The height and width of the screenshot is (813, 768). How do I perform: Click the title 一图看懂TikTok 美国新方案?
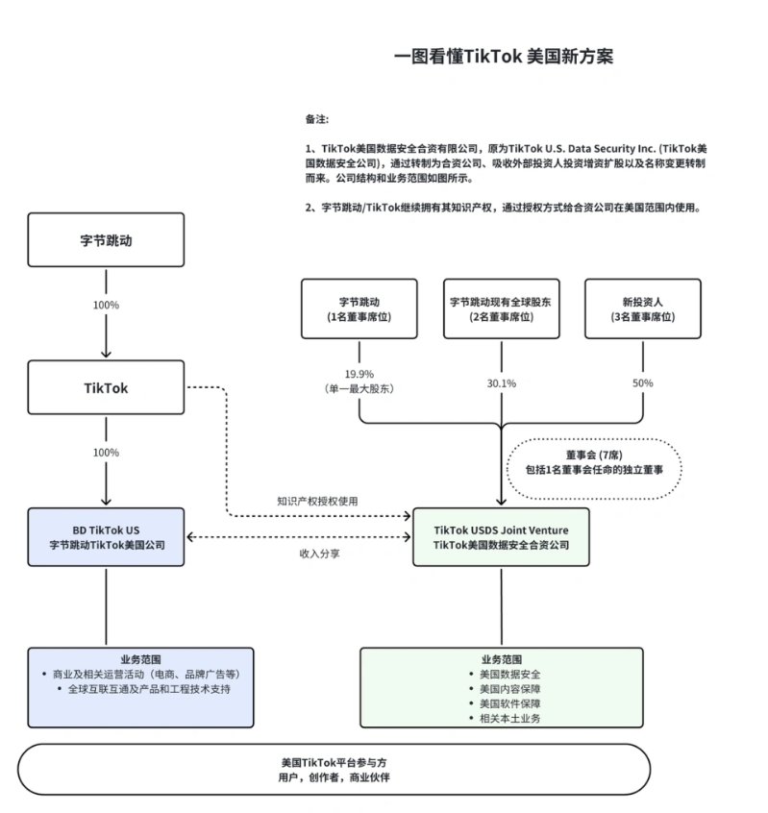[503, 57]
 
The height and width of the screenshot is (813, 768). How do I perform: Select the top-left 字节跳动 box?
[106, 239]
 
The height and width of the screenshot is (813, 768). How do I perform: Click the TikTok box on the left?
[106, 388]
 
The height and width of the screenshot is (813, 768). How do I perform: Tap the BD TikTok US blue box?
[106, 536]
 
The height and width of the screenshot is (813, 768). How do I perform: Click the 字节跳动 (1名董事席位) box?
[359, 308]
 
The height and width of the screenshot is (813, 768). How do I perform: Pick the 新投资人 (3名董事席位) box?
[642, 308]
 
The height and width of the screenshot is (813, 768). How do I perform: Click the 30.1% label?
[501, 383]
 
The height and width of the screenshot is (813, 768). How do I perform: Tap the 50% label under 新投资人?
[642, 383]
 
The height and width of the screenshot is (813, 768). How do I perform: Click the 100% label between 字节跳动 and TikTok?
[106, 305]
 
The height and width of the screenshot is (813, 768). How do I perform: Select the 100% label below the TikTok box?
[106, 453]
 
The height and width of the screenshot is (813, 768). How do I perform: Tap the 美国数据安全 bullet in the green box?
[503, 674]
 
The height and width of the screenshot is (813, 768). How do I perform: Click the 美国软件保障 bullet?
[503, 702]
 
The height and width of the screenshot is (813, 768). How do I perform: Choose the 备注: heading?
[317, 120]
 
